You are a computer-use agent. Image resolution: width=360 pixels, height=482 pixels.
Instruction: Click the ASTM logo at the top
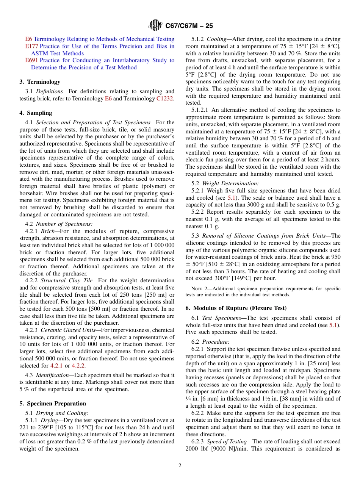(155, 26)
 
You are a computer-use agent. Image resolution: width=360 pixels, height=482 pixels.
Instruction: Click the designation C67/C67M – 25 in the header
(189, 26)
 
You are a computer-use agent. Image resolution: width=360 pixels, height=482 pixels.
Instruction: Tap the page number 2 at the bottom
(180, 466)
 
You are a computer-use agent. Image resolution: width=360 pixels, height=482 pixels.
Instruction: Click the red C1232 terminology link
(165, 99)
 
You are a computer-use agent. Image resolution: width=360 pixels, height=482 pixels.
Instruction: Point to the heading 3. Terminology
(40, 82)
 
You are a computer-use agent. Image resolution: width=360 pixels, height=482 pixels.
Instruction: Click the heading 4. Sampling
(36, 113)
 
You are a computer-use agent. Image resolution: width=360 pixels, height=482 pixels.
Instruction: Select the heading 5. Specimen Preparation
(53, 404)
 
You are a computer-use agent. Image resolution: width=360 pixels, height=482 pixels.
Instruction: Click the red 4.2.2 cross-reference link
(78, 366)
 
